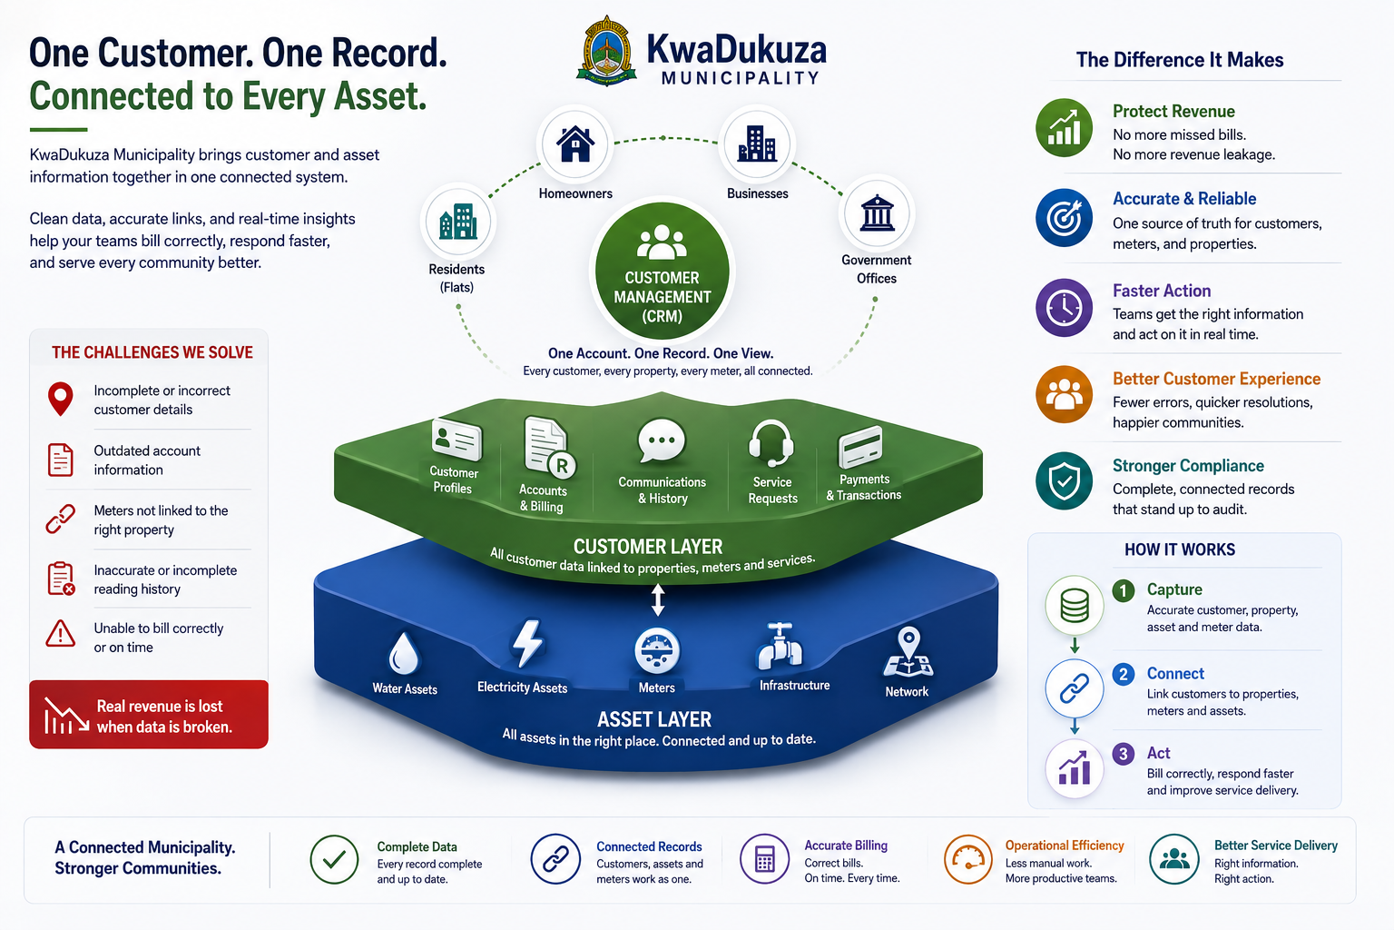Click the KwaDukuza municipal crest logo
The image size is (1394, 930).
[x=606, y=51]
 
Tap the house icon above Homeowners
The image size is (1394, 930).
[x=575, y=143]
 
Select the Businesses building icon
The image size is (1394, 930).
[x=757, y=143]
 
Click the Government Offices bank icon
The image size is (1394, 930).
[x=877, y=213]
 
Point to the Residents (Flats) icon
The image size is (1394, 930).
[x=458, y=222]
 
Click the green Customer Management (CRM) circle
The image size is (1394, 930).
[x=663, y=271]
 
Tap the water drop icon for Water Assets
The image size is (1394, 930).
[x=404, y=653]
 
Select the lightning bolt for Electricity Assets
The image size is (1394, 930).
[x=527, y=644]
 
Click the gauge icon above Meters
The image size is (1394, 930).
[x=656, y=651]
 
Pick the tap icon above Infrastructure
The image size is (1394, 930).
[x=780, y=646]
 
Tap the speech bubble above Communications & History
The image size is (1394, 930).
[x=662, y=440]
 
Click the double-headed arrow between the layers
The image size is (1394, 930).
[x=658, y=599]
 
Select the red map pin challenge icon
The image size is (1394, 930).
[x=61, y=399]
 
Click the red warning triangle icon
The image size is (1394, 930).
[x=61, y=634]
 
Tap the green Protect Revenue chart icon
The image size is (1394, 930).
[x=1065, y=128]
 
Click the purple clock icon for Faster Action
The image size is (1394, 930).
[x=1065, y=308]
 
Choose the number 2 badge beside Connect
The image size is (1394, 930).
[x=1124, y=674]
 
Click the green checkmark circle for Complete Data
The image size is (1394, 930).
[x=334, y=859]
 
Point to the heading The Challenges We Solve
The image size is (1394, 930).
[x=152, y=352]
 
